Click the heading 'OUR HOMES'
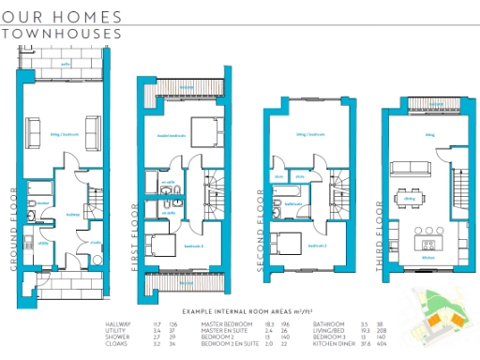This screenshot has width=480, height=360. pyautogui.click(x=61, y=17)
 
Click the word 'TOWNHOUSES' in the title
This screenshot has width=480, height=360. pyautogui.click(x=62, y=34)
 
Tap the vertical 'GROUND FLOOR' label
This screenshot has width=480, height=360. pyautogui.click(x=15, y=229)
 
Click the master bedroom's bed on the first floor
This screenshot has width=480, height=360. pyautogui.click(x=203, y=129)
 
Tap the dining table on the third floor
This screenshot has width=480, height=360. pyautogui.click(x=407, y=198)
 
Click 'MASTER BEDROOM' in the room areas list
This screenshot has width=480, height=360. pyautogui.click(x=223, y=324)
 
